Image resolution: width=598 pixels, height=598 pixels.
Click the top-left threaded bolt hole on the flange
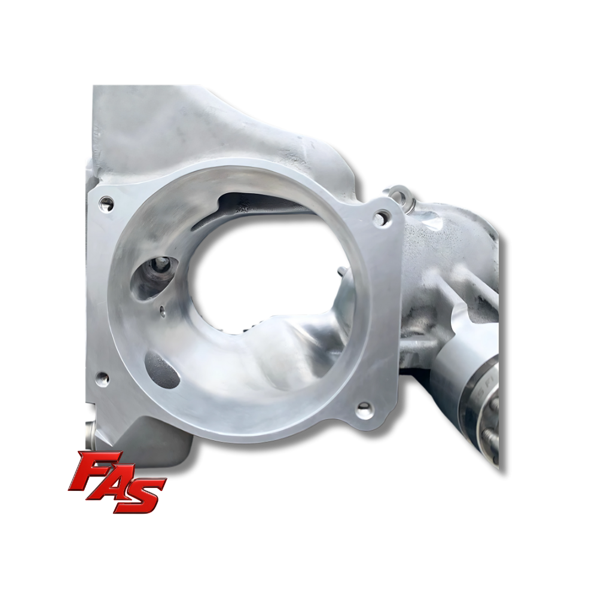coord(106,203)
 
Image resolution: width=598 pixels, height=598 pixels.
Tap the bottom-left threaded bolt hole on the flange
coord(102,379)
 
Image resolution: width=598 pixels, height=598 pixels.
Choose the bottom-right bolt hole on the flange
coord(364,410)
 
